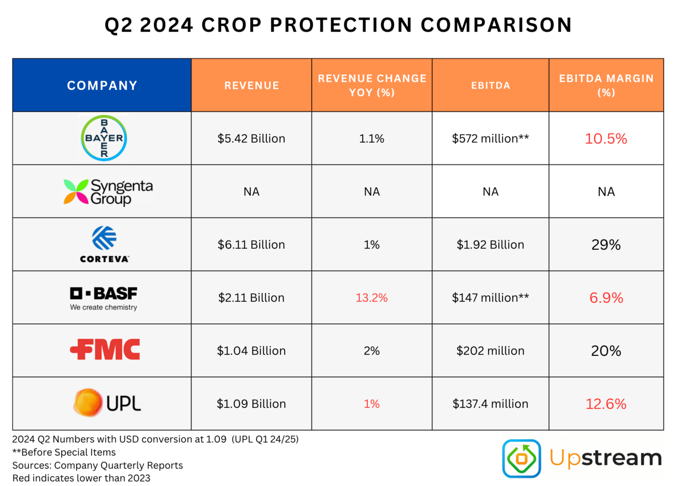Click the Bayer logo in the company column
coord(104,138)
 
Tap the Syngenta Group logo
coord(108,192)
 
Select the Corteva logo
coord(104,244)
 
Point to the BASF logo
coord(104,298)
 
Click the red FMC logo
coord(105,350)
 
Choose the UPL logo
coord(107,403)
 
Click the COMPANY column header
coord(102,86)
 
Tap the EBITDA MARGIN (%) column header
coord(606,86)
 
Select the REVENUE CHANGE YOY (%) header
coord(372,86)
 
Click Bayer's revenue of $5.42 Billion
coord(251,139)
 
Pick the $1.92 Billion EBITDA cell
coord(490,245)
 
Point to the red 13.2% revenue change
coord(372,298)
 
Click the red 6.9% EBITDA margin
coord(606,298)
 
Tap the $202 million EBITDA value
coord(490,351)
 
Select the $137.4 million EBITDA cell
coord(490,404)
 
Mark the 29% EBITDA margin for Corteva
coord(606,245)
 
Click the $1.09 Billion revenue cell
coord(251,404)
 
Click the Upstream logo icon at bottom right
coord(521,458)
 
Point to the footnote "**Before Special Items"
coord(64,452)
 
